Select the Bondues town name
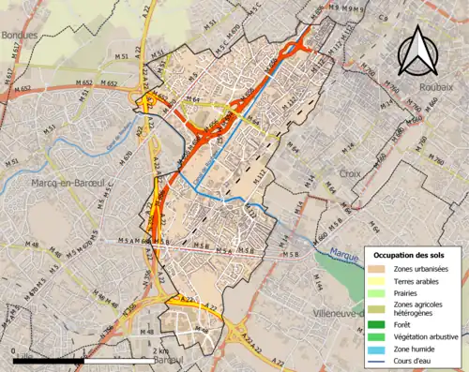(21, 35)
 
